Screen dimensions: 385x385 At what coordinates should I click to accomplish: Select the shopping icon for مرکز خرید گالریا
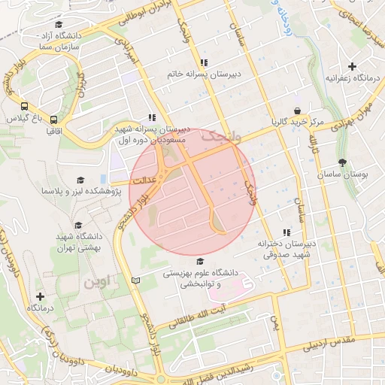pos(298,111)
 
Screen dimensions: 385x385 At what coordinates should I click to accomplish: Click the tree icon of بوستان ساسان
pos(343,163)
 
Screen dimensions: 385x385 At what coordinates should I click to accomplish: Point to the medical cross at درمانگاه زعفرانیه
pos(352,67)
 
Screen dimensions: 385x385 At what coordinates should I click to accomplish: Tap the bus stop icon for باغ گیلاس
pos(25,107)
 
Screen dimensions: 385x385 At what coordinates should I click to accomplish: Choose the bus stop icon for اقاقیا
pos(53,119)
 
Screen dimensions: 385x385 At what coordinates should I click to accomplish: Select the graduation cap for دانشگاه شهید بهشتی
pos(77,225)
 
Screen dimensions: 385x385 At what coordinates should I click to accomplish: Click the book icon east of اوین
pos(135,280)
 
